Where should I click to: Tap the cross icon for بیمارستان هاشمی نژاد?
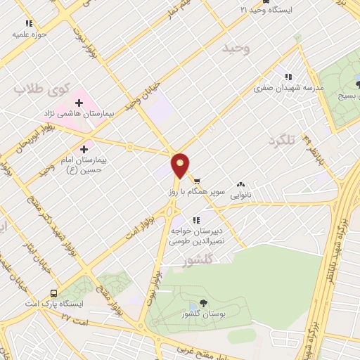click(79, 103)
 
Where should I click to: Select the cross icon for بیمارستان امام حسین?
click(85, 148)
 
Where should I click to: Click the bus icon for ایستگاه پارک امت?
click(53, 293)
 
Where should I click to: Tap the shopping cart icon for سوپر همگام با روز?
click(196, 179)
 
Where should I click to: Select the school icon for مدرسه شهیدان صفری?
click(287, 77)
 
